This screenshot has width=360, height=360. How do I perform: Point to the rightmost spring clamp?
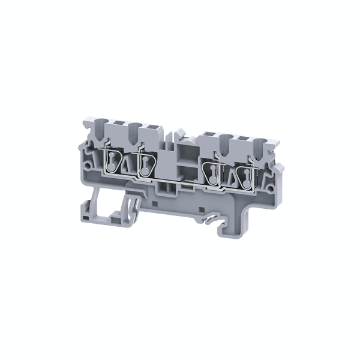(245, 174)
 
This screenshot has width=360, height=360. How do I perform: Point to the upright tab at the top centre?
(179, 134)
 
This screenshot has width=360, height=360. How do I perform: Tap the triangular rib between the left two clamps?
(128, 165)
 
